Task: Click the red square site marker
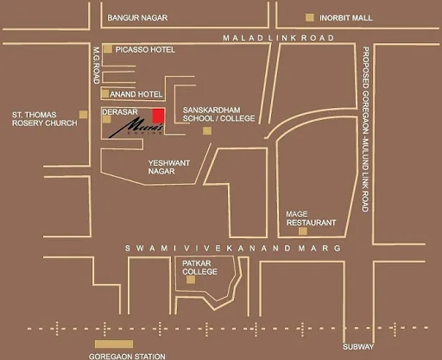[158, 117]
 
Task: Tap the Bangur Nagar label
[137, 17]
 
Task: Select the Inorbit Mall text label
[348, 17]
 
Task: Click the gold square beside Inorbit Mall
[310, 17]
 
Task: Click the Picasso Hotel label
[145, 50]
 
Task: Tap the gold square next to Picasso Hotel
[107, 49]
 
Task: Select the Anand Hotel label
[139, 93]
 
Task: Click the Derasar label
[121, 112]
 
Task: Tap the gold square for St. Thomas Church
[84, 114]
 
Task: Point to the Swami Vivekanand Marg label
[232, 248]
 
